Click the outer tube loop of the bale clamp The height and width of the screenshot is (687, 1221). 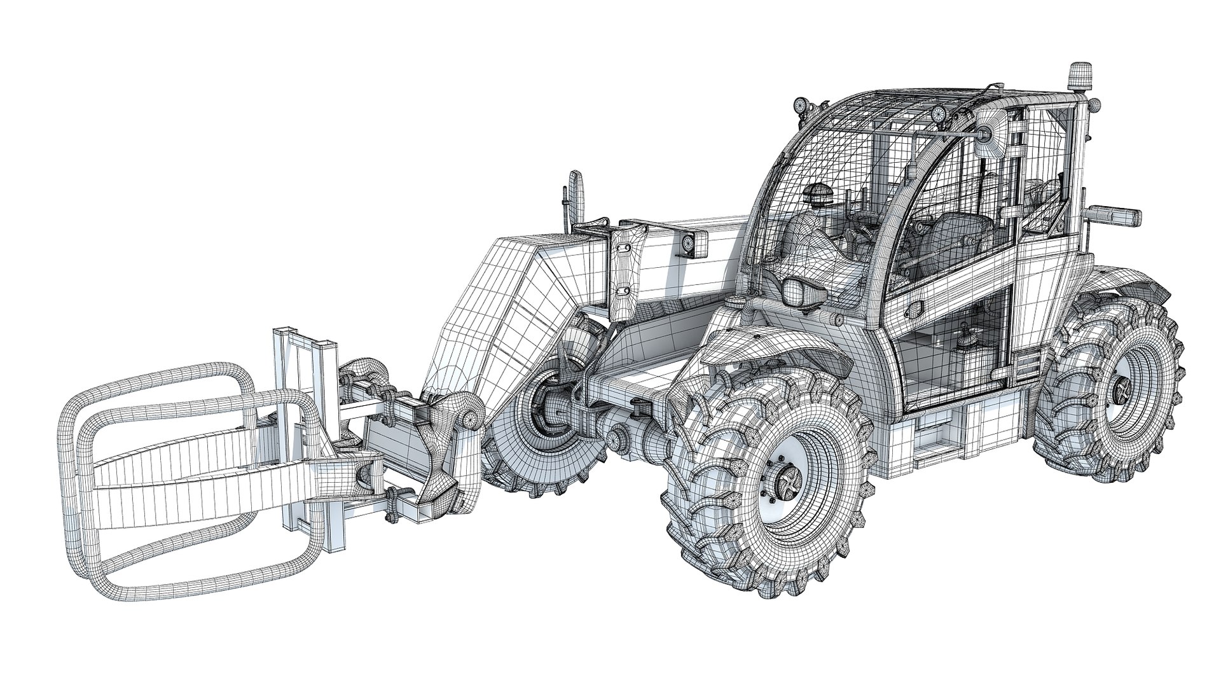point(89,458)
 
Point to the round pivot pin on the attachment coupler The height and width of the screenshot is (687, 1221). point(469,420)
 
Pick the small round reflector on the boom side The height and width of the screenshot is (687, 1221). point(688,243)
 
